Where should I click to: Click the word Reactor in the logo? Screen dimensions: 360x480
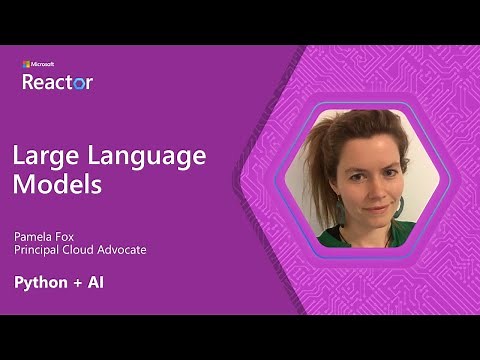[x=57, y=82]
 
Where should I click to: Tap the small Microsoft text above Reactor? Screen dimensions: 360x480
[x=38, y=65]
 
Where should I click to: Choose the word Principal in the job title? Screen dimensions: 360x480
[x=38, y=250]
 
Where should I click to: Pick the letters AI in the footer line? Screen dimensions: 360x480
[x=94, y=282]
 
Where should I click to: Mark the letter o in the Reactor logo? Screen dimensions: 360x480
[x=80, y=83]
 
